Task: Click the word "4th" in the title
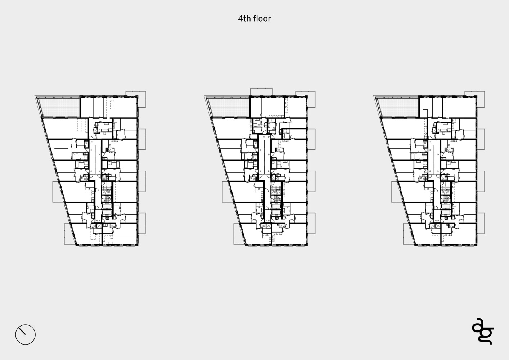(x=244, y=18)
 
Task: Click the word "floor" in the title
(x=262, y=18)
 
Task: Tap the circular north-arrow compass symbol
(x=26, y=334)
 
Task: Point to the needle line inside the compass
(x=22, y=331)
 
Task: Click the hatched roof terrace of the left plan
(x=59, y=107)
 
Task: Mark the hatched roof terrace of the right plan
(x=398, y=107)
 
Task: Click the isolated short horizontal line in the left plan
(x=61, y=148)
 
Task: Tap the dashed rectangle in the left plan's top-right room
(x=112, y=105)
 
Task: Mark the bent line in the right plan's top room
(x=425, y=114)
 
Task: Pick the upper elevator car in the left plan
(x=106, y=206)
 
